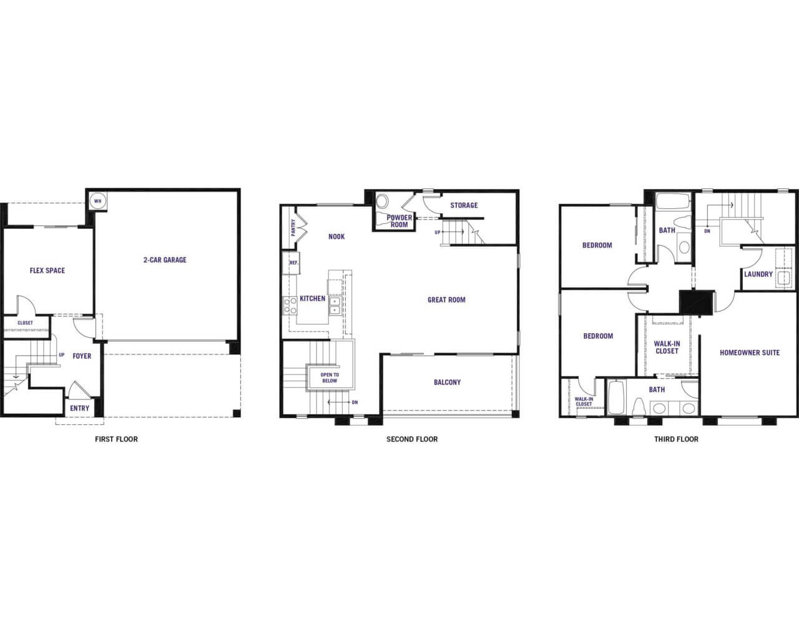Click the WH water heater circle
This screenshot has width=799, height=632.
(98, 202)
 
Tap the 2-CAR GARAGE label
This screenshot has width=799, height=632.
(165, 260)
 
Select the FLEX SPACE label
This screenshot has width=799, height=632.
(47, 271)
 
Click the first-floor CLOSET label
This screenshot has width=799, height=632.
(25, 323)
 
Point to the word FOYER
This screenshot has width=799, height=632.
(82, 356)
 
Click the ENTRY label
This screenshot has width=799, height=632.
(80, 408)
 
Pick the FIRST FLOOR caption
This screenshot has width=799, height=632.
(116, 439)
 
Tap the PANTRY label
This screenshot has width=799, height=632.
(293, 228)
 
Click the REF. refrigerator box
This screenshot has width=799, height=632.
(291, 263)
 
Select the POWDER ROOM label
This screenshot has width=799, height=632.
(399, 221)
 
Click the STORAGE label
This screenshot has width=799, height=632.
(464, 205)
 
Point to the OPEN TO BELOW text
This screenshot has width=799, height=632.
(330, 378)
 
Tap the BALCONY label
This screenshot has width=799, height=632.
(448, 382)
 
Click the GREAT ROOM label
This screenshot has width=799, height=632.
(447, 300)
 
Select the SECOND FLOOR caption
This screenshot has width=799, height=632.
(412, 439)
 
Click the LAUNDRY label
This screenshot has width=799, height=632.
(758, 275)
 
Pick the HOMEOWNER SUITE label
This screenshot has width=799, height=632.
(750, 353)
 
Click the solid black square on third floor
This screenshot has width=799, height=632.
(697, 303)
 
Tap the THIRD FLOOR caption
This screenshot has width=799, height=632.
(676, 439)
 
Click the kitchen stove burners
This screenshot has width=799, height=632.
(290, 306)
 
